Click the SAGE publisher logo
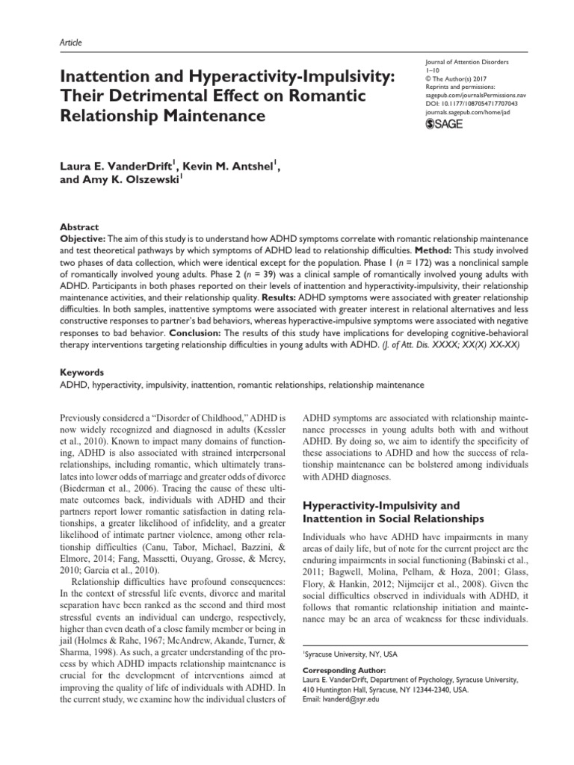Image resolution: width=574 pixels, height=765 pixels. point(443,124)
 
